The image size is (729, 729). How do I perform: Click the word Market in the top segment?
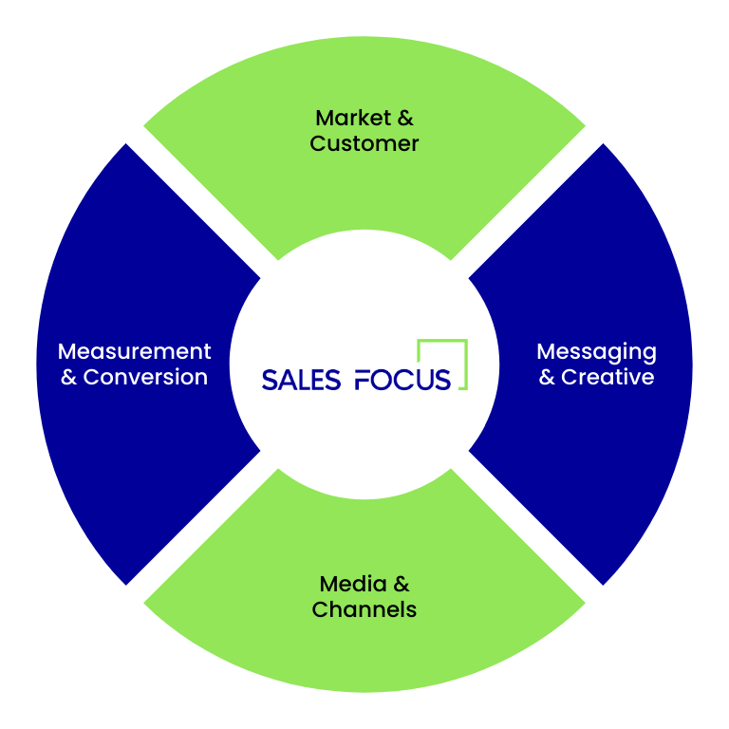pyautogui.click(x=352, y=119)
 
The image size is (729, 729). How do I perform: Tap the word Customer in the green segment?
pyautogui.click(x=364, y=144)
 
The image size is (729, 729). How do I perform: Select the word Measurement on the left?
pyautogui.click(x=134, y=351)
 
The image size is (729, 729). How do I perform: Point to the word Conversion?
pyautogui.click(x=145, y=377)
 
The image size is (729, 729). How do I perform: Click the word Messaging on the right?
pyautogui.click(x=596, y=352)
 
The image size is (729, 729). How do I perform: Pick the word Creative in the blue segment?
pyautogui.click(x=607, y=377)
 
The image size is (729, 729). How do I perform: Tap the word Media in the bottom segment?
pyautogui.click(x=352, y=584)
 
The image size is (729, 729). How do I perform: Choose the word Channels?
pyautogui.click(x=364, y=609)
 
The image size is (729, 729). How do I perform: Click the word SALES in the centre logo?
pyautogui.click(x=301, y=380)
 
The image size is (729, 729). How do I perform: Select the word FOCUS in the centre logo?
pyautogui.click(x=402, y=380)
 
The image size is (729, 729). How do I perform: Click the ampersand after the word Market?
pyautogui.click(x=405, y=119)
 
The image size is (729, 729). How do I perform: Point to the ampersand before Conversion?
pyautogui.click(x=68, y=377)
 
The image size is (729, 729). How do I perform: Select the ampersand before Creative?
pyautogui.click(x=548, y=377)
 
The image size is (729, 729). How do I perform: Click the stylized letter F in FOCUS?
pyautogui.click(x=364, y=380)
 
